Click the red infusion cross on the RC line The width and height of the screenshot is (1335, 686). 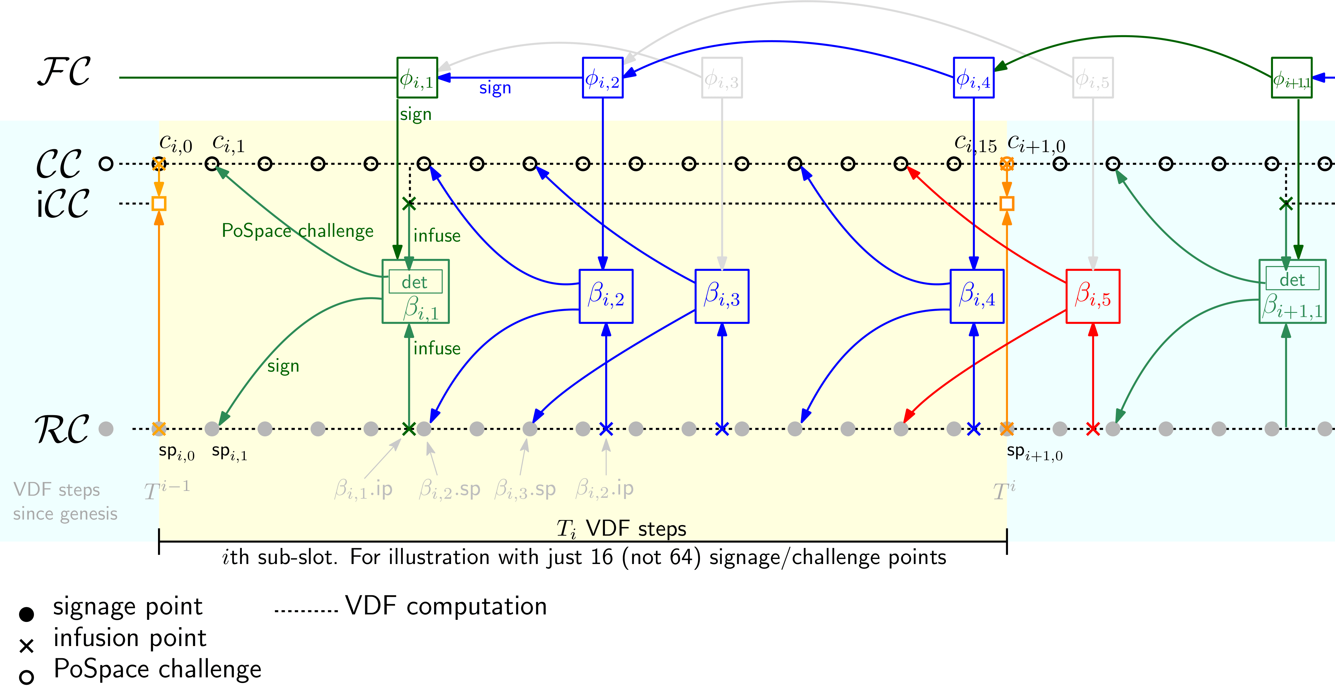click(x=1093, y=429)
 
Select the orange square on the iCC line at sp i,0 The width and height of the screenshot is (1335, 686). click(x=159, y=203)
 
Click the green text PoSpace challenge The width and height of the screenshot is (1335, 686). click(x=298, y=231)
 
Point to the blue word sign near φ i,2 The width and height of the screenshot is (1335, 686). click(x=495, y=88)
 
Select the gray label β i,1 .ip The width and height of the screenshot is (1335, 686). click(x=363, y=489)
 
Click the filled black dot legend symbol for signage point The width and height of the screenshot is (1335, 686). click(x=27, y=614)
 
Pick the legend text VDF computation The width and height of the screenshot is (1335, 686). click(x=446, y=606)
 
